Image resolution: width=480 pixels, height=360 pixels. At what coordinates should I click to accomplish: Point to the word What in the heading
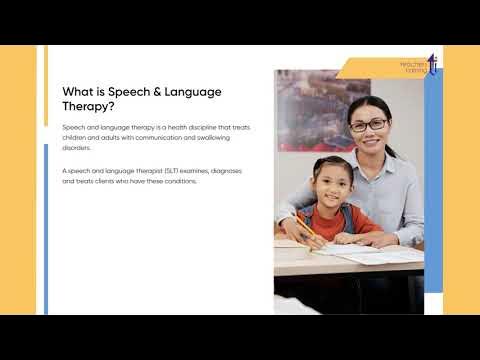click(79, 92)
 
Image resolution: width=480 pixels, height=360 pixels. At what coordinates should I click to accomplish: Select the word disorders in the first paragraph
click(76, 147)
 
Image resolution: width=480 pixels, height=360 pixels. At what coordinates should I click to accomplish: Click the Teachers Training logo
click(421, 66)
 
